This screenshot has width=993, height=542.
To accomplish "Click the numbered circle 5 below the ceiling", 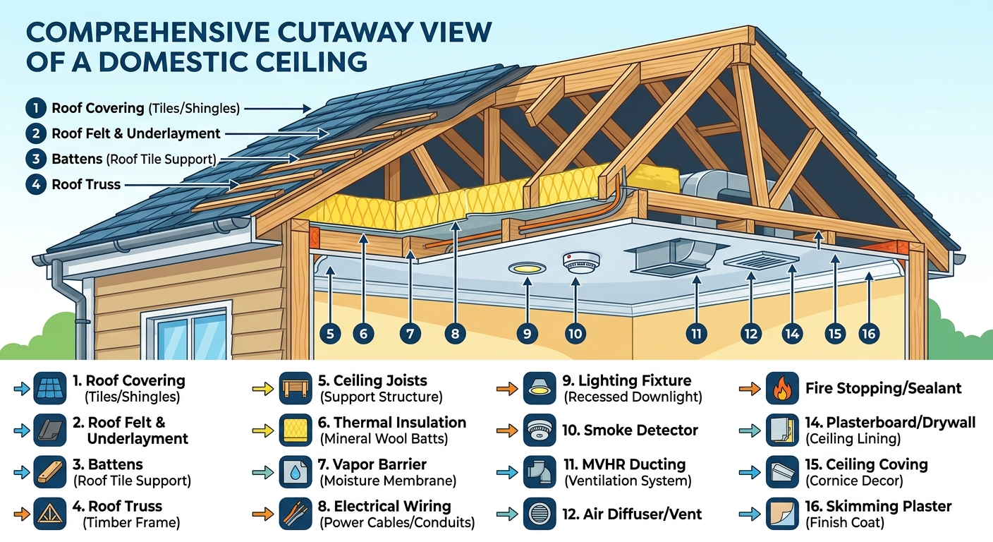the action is [330, 334].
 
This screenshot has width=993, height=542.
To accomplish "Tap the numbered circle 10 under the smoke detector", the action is [575, 334].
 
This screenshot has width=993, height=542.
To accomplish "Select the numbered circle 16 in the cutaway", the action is [869, 334].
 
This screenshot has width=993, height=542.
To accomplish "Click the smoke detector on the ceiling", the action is [581, 262].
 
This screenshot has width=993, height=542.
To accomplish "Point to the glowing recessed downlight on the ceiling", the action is [527, 268].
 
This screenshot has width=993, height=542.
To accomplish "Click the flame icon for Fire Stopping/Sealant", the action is [782, 388].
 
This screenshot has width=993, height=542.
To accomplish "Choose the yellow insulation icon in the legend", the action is [296, 430].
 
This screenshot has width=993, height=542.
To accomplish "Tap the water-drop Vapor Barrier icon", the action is [296, 472].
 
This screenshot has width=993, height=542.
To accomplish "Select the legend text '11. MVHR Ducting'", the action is [625, 464].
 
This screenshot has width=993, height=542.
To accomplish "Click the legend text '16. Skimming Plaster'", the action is [878, 506].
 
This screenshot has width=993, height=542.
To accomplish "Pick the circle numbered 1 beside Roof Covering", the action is [36, 108].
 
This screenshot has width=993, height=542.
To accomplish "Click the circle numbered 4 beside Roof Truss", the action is [36, 184].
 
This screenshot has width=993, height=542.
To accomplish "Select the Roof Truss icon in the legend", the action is [49, 514].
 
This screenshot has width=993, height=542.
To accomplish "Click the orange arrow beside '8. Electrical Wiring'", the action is [263, 514].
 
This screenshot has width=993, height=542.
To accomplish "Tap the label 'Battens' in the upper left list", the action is [77, 159].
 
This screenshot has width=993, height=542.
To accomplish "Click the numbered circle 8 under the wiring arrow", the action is [456, 334].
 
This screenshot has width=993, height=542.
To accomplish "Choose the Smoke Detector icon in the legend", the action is [540, 430].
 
